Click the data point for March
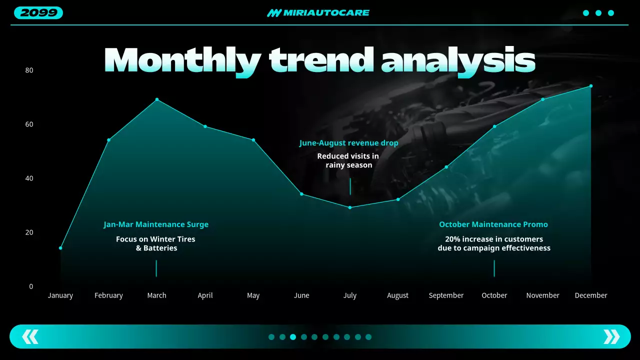[157, 99]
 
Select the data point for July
[350, 207]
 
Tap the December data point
[591, 86]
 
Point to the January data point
[60, 248]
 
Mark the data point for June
[301, 194]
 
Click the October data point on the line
[494, 126]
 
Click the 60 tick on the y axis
[29, 124]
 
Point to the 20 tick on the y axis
[29, 232]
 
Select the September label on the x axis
[446, 295]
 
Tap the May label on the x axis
[253, 295]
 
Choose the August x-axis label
[398, 295]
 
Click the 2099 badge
[38, 13]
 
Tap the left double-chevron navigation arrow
[30, 336]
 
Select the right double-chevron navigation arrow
[611, 336]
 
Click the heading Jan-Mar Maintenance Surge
[156, 224]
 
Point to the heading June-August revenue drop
[349, 143]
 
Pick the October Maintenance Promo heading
[493, 224]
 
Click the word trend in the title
[320, 60]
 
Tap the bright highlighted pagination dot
[293, 337]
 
